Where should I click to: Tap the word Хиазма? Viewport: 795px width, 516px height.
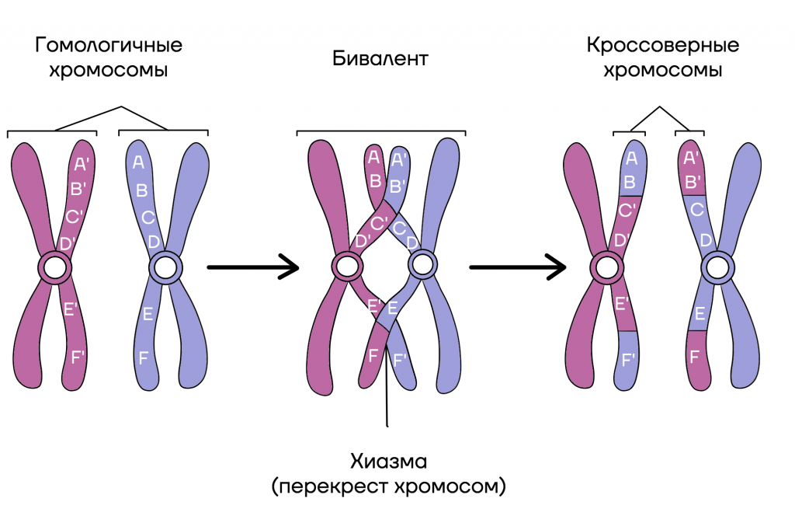[x=388, y=462]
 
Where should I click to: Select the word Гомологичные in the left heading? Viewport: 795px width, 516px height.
[x=109, y=44]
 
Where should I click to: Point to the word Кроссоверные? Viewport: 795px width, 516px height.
[x=663, y=44]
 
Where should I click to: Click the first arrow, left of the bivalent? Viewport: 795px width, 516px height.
[x=253, y=268]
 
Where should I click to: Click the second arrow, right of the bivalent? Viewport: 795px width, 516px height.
[x=517, y=268]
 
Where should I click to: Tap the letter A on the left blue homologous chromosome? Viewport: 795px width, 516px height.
[x=139, y=162]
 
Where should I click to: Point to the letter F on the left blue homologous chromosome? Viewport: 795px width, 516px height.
[x=143, y=358]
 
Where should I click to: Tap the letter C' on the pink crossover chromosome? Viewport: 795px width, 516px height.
[x=628, y=210]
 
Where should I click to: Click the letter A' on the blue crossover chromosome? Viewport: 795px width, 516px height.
[x=690, y=159]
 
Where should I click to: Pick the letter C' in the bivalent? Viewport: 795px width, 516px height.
[x=380, y=223]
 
